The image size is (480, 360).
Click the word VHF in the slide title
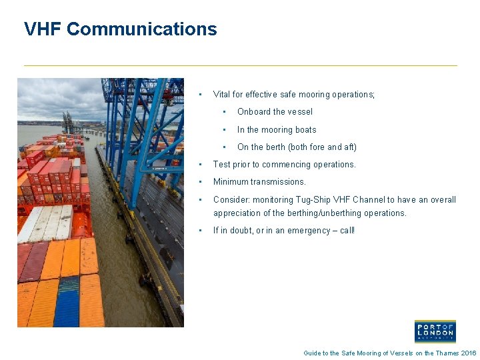tap(43, 29)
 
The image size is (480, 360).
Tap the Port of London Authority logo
tap(435, 331)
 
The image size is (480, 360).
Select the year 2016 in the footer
tap(469, 353)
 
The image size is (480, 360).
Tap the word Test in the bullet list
tap(221, 165)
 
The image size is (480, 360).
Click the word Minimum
tap(231, 182)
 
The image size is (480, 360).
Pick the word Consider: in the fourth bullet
tap(231, 200)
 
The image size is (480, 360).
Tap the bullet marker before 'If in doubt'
tap(199, 231)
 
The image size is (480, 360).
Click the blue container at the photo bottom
tap(67, 303)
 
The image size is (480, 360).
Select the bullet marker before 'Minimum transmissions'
tap(199, 182)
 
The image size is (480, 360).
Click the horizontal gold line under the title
tap(240, 65)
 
